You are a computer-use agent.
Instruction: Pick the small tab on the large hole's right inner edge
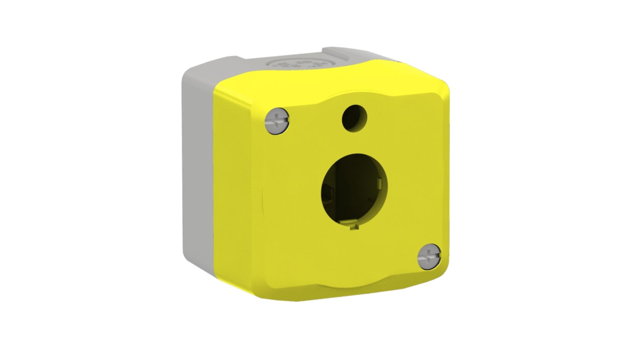(381, 183)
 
